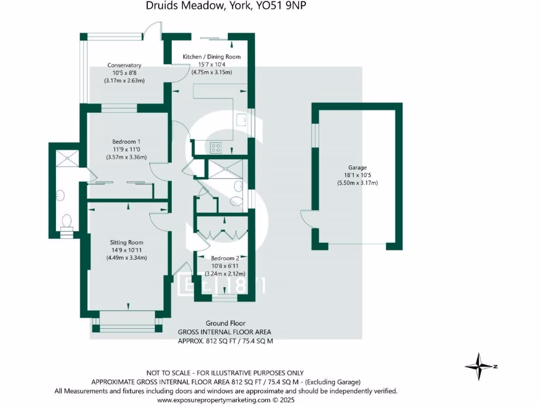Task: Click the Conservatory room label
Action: [x=124, y=65]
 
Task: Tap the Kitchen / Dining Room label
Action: [x=211, y=57]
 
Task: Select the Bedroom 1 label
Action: [x=126, y=141]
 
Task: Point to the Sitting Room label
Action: [x=126, y=242]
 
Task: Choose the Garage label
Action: [x=358, y=168]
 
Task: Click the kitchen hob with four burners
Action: [x=216, y=147]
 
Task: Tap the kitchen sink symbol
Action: [x=243, y=119]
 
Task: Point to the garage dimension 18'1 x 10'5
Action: [x=358, y=175]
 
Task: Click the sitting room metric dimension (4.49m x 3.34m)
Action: [x=126, y=258]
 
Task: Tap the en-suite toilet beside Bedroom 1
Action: [x=67, y=219]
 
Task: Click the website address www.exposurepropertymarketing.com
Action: [x=226, y=400]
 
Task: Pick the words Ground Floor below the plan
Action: [x=225, y=323]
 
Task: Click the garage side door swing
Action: [x=306, y=218]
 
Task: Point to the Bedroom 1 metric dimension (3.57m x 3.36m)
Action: [x=126, y=157]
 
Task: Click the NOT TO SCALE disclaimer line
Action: [x=226, y=373]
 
